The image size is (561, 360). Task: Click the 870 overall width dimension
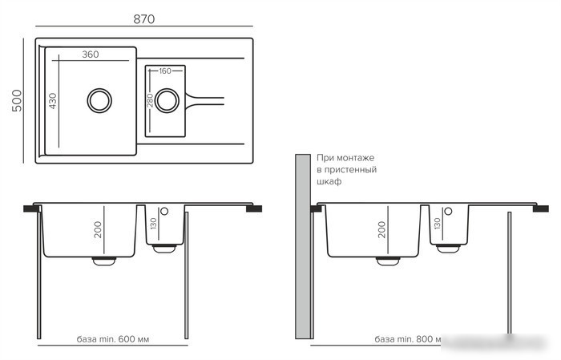pos(143,19)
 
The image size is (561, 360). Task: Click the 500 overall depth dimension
pos(17,100)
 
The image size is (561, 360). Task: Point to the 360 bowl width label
pos(90,55)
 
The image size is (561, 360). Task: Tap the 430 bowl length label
pos(53,101)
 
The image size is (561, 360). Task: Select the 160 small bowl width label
pos(165,71)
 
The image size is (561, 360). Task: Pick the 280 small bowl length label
pos(150,100)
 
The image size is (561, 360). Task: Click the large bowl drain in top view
pos(99,100)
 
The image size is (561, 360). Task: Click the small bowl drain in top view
pos(167,100)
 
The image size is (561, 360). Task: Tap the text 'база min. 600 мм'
pos(113,339)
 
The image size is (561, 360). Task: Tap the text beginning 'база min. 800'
pos(408,339)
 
